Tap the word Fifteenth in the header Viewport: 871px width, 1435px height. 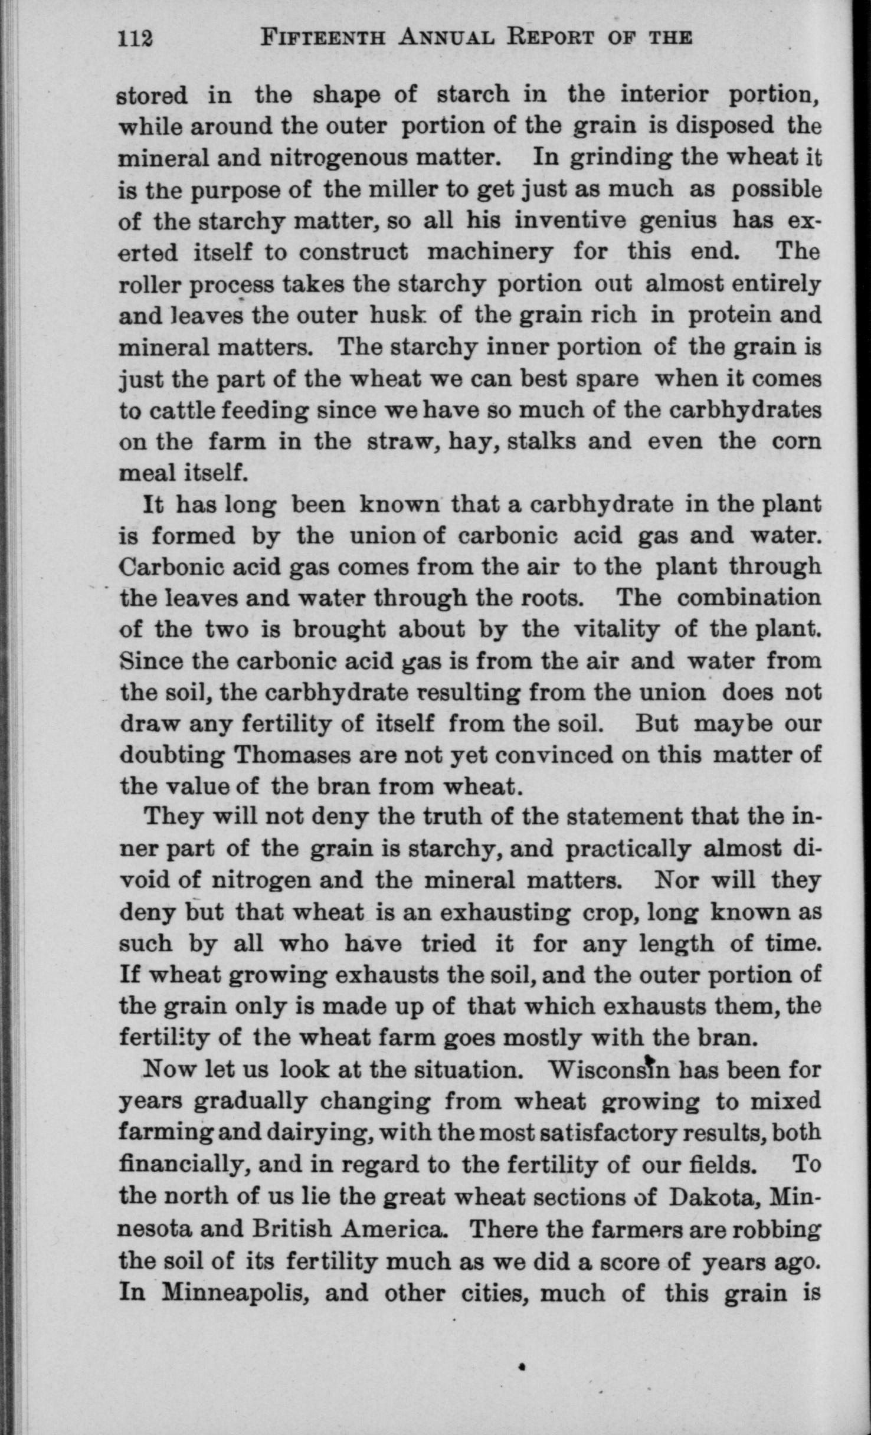[323, 38]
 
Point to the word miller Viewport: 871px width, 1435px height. [388, 189]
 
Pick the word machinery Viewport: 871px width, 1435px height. [490, 252]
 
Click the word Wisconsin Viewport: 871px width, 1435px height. [610, 1069]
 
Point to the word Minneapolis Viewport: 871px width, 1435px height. [234, 1290]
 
